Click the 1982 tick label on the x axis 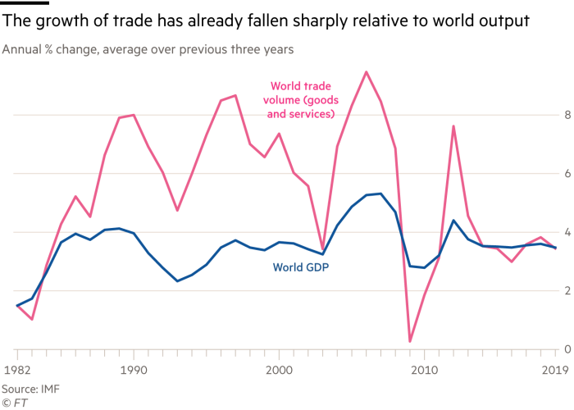17,371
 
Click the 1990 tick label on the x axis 134,371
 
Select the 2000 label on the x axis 279,371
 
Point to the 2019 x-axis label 557,371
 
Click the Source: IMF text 25,388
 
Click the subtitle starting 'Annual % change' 148,50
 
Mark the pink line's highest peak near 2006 366,71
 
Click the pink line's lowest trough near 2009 409,343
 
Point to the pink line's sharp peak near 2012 453,125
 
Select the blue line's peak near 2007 380,194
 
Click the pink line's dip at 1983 32,320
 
